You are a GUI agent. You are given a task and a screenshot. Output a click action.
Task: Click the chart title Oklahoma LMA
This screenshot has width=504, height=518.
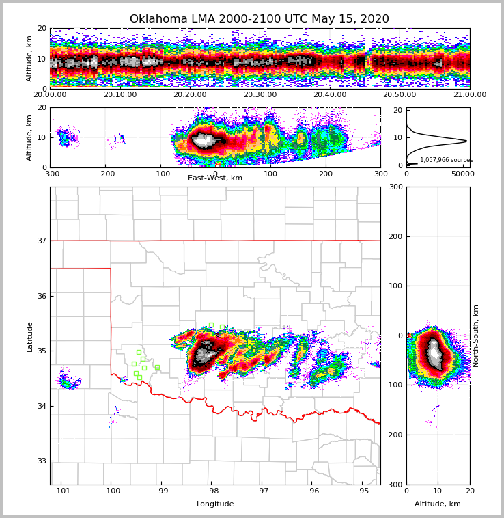pyautogui.click(x=259, y=19)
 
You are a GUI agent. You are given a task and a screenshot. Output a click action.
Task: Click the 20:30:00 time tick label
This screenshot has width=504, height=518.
pyautogui.click(x=260, y=95)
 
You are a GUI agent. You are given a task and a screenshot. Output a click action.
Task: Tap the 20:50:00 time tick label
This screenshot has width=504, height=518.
pyautogui.click(x=400, y=95)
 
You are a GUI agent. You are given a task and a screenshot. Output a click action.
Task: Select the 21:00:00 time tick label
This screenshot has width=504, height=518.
pyautogui.click(x=469, y=95)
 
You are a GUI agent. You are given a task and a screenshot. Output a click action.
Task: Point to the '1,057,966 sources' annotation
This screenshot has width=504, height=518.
pyautogui.click(x=446, y=160)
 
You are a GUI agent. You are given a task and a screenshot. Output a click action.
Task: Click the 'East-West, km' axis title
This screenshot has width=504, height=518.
pyautogui.click(x=215, y=178)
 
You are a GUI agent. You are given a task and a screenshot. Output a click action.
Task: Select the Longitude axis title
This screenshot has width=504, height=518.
pyautogui.click(x=215, y=504)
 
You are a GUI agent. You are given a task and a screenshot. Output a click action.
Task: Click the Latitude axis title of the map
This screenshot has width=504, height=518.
pyautogui.click(x=30, y=336)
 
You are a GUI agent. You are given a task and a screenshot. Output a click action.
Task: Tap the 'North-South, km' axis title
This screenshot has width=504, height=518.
pyautogui.click(x=477, y=336)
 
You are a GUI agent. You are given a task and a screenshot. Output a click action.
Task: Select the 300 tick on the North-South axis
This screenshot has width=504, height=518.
pyautogui.click(x=395, y=187)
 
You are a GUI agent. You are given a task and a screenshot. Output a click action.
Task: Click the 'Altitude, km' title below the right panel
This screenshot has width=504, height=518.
pyautogui.click(x=438, y=504)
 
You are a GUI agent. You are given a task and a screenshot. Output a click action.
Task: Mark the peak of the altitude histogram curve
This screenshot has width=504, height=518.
pyautogui.click(x=467, y=141)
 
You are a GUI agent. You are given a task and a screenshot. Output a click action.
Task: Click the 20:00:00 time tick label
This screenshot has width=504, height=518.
pyautogui.click(x=50, y=95)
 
